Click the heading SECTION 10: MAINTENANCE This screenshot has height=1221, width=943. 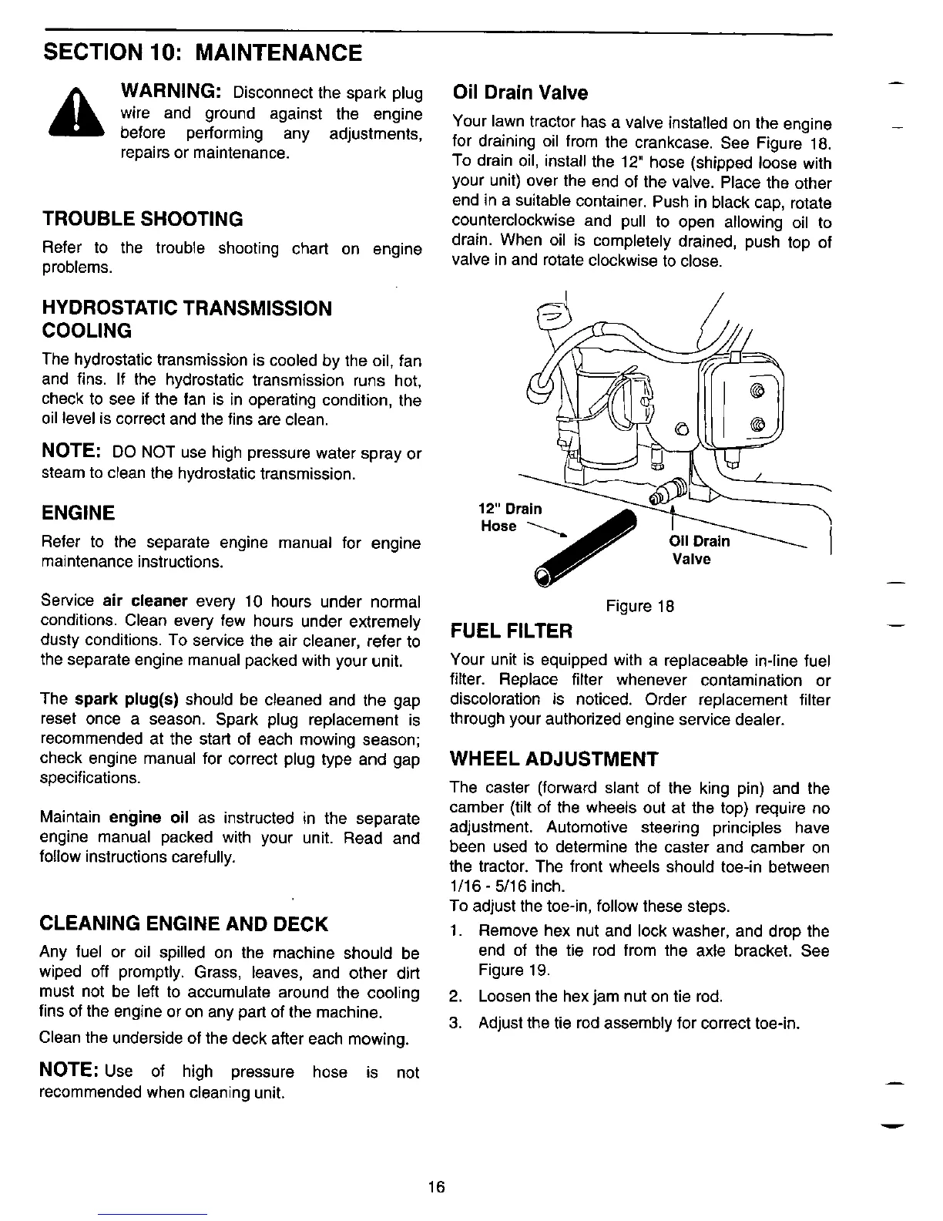click(x=201, y=53)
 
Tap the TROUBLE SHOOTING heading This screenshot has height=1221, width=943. click(x=142, y=220)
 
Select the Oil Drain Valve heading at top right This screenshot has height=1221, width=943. click(x=520, y=93)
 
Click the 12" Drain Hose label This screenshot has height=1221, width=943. click(x=509, y=517)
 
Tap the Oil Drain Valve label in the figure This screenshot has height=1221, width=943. click(x=699, y=550)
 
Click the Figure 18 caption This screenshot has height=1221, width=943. click(x=640, y=607)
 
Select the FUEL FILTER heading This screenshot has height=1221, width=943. click(x=512, y=632)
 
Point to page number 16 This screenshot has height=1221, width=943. click(x=438, y=1187)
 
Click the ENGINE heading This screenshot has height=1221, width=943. click(x=78, y=513)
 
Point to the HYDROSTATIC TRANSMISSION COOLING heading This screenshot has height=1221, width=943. click(x=186, y=320)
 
